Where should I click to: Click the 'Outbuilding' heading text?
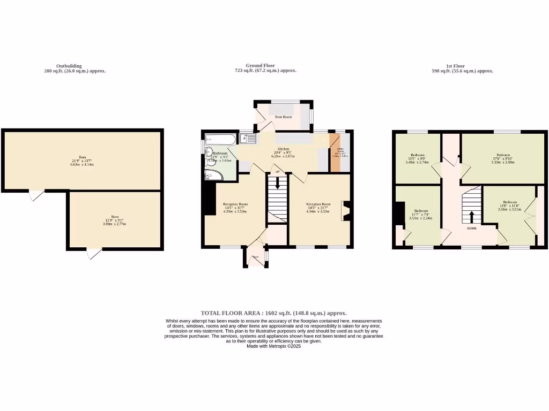pyautogui.click(x=69, y=66)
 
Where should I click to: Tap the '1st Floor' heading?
pyautogui.click(x=463, y=66)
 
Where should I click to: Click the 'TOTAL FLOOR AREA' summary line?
pyautogui.click(x=273, y=313)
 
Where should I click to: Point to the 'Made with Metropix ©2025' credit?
pyautogui.click(x=273, y=347)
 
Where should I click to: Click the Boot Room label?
pyautogui.click(x=283, y=116)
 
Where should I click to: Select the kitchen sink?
pyautogui.click(x=248, y=139)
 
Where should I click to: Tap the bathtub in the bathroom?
pyautogui.click(x=220, y=139)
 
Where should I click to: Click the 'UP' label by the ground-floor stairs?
pyautogui.click(x=277, y=172)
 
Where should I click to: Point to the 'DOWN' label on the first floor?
pyautogui.click(x=471, y=229)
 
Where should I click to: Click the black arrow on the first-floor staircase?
pyautogui.click(x=472, y=217)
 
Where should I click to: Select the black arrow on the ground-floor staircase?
pyautogui.click(x=277, y=184)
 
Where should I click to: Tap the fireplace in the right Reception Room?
pyautogui.click(x=346, y=210)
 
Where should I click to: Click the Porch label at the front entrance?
pyautogui.click(x=256, y=257)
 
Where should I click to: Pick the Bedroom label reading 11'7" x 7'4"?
pyautogui.click(x=420, y=214)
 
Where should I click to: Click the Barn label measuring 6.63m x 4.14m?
pyautogui.click(x=82, y=161)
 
